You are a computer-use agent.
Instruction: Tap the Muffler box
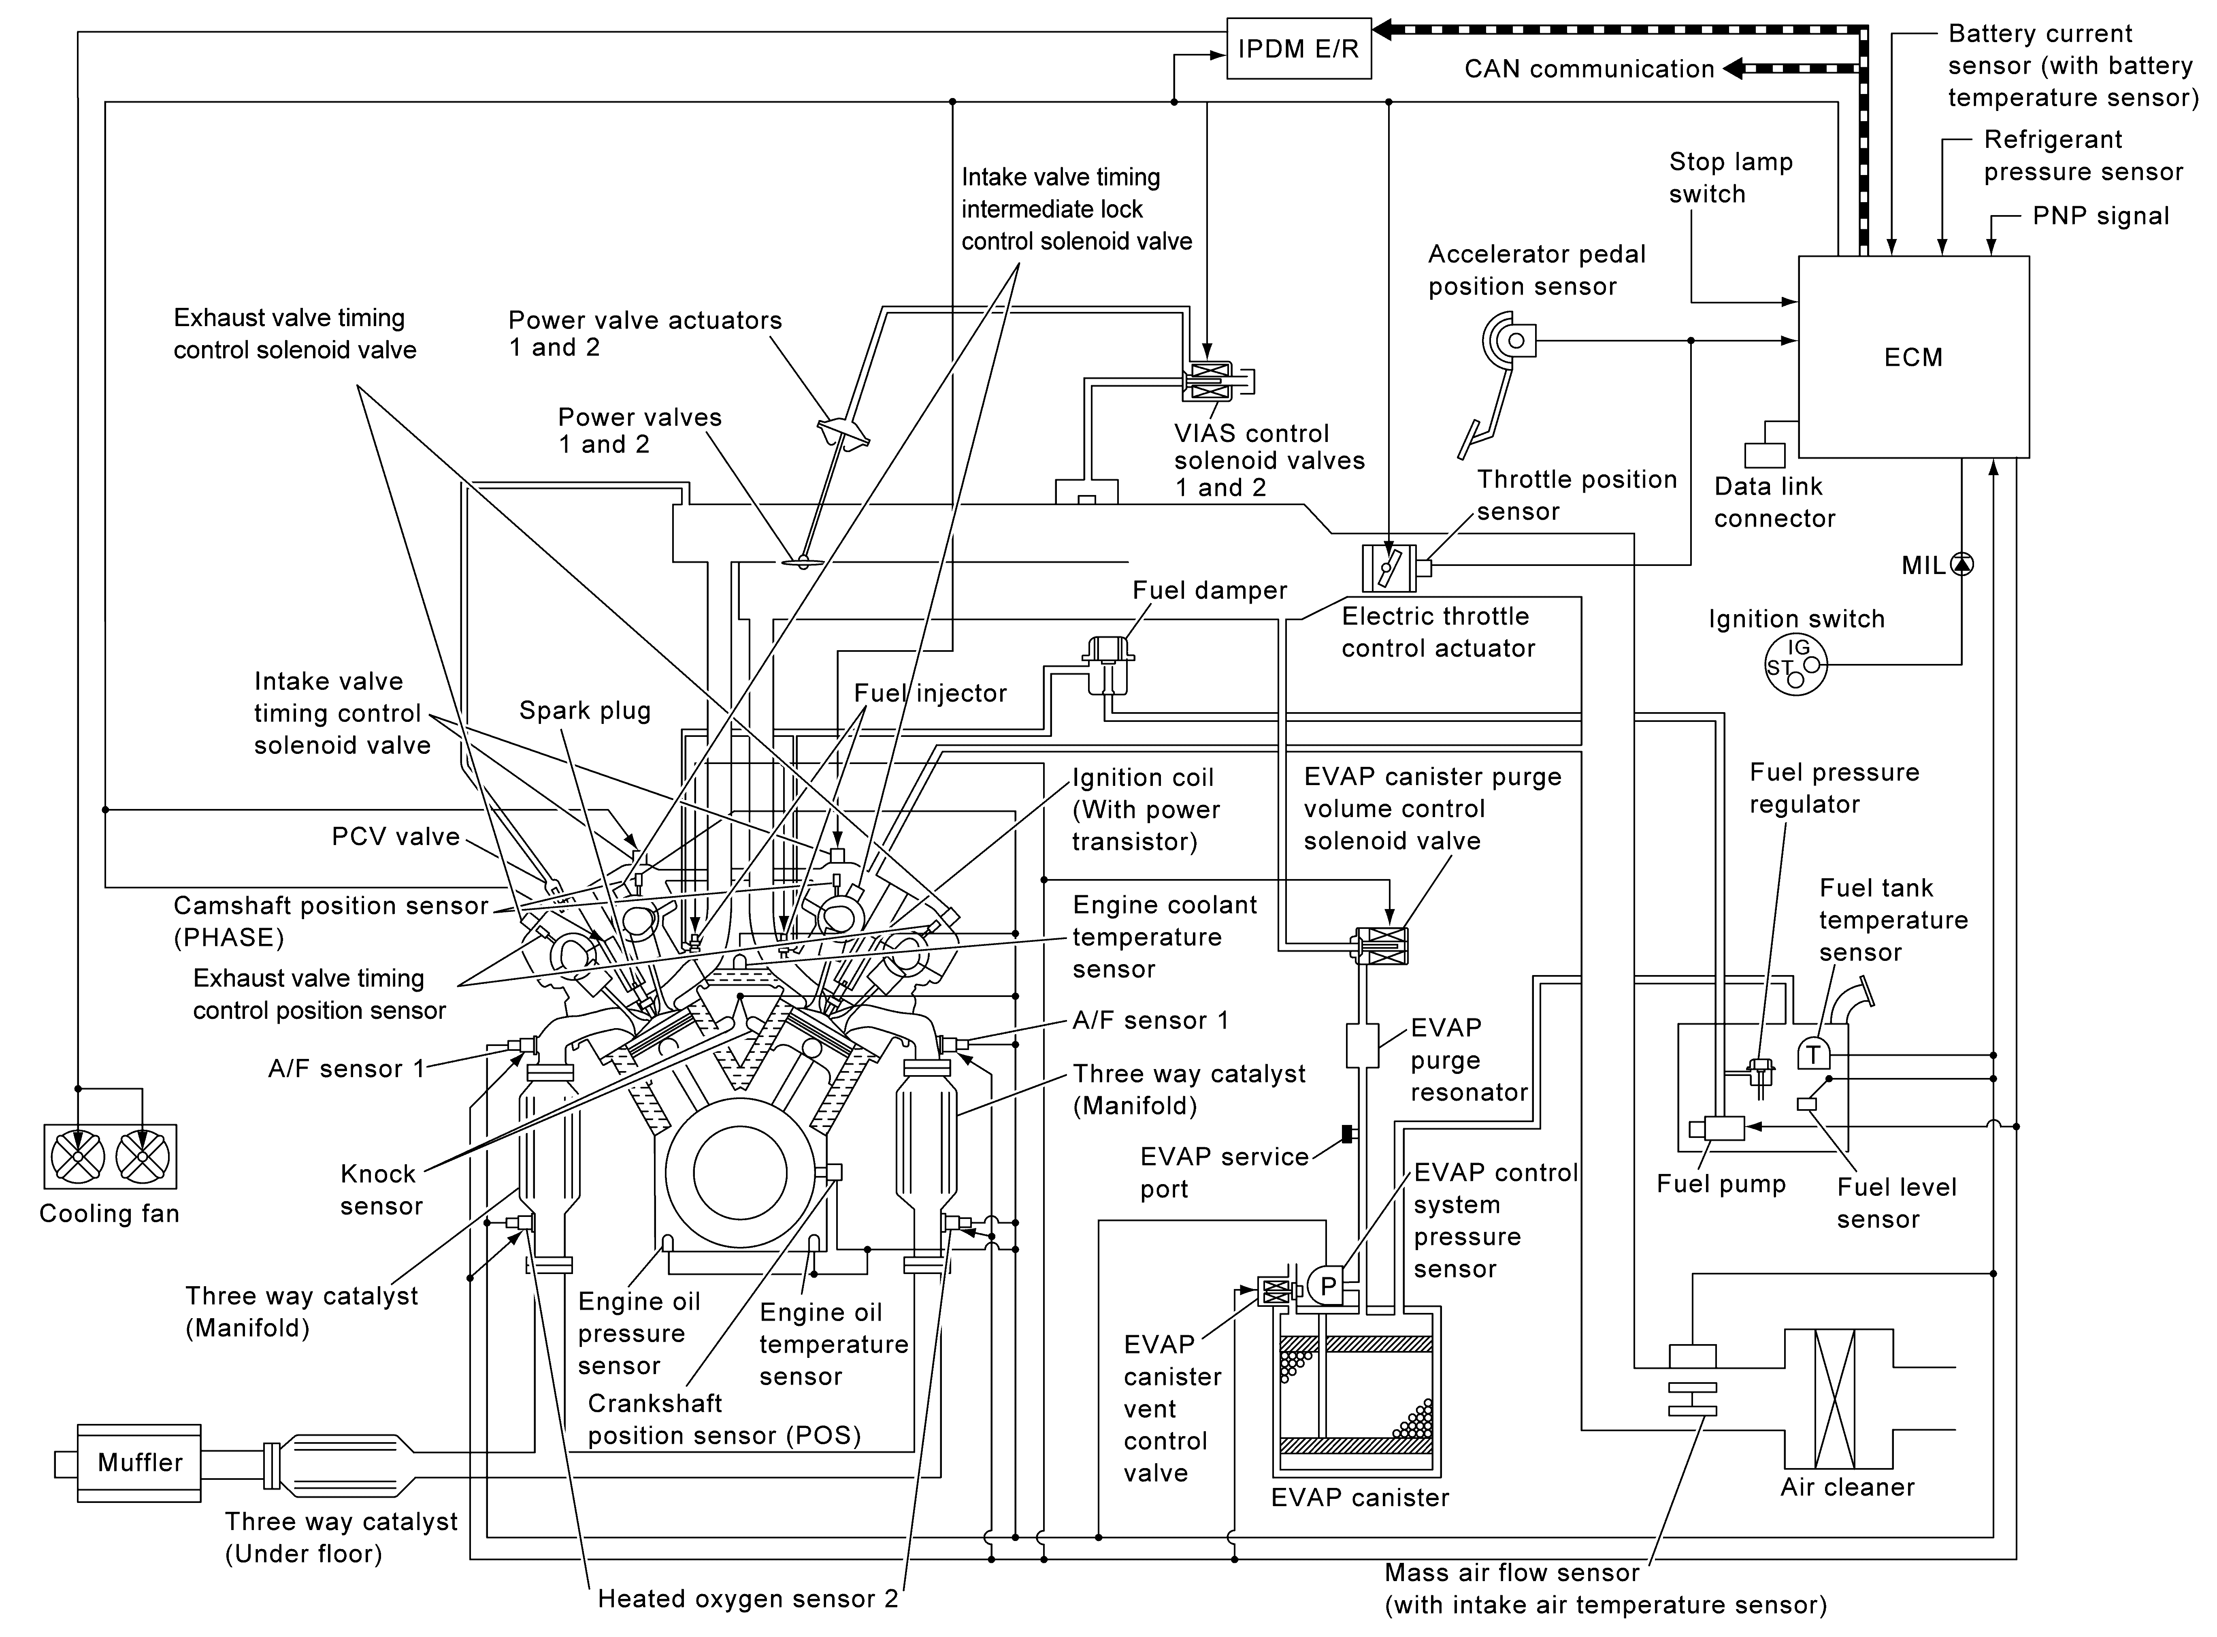(x=140, y=1462)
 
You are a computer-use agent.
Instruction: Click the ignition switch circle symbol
(x=1796, y=665)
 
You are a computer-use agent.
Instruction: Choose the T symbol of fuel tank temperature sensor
(x=1813, y=1054)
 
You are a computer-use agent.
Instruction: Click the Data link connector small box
(x=1764, y=455)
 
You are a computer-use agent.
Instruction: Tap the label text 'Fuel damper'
(x=1210, y=591)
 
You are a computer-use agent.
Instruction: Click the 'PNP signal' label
(x=2100, y=216)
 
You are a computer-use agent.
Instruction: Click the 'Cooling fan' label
(x=109, y=1214)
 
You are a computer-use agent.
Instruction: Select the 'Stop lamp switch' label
(x=1731, y=177)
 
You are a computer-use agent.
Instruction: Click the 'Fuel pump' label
(x=1721, y=1184)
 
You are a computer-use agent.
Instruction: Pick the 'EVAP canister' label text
(x=1359, y=1497)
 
